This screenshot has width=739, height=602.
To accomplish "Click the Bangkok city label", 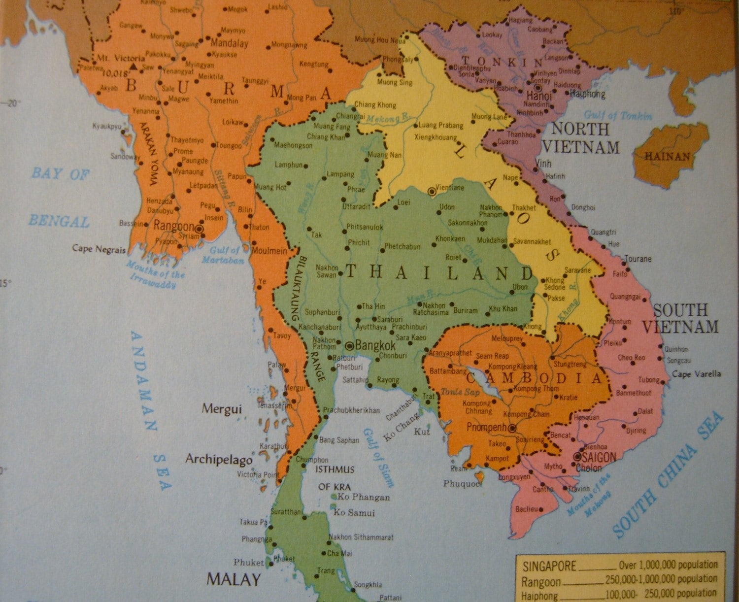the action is pyautogui.click(x=375, y=345).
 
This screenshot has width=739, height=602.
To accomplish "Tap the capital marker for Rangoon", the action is pyautogui.click(x=199, y=229).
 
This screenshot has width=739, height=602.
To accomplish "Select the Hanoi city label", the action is pyautogui.click(x=539, y=96).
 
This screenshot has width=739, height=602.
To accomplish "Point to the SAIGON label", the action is pyautogui.click(x=599, y=458).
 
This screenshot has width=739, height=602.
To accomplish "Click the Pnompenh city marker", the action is pyautogui.click(x=512, y=429).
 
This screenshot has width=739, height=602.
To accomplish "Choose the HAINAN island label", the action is pyautogui.click(x=668, y=157).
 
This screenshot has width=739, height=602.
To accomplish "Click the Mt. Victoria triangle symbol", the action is pyautogui.click(x=133, y=66).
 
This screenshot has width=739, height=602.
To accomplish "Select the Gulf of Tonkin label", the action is pyautogui.click(x=618, y=116).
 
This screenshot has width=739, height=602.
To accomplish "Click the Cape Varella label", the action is pyautogui.click(x=696, y=374).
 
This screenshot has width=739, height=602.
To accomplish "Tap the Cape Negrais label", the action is pyautogui.click(x=99, y=249).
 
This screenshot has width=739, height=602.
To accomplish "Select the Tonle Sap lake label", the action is pyautogui.click(x=453, y=392).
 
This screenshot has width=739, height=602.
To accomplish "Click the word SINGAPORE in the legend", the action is pyautogui.click(x=549, y=566).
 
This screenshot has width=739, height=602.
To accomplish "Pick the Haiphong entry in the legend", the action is pyautogui.click(x=539, y=596).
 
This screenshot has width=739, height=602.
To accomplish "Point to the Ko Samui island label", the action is pyautogui.click(x=354, y=512).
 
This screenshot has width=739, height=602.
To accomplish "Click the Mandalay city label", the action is pyautogui.click(x=229, y=43).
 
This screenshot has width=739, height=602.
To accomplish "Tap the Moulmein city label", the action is pyautogui.click(x=269, y=251).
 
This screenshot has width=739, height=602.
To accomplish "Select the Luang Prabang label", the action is pyautogui.click(x=441, y=126).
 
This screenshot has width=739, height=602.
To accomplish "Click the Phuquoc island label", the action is pyautogui.click(x=462, y=484).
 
